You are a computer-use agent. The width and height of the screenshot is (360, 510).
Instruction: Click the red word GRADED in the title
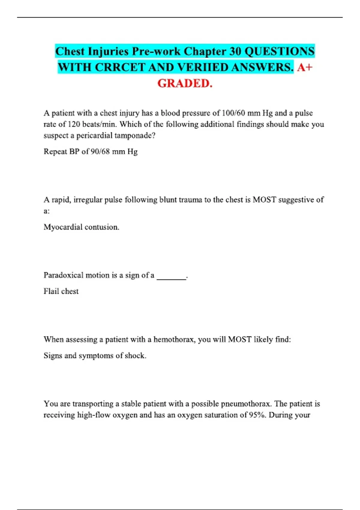point(184,83)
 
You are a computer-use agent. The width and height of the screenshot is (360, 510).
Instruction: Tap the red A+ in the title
point(305,67)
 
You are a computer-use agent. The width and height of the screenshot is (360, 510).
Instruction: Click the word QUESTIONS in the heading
point(280,51)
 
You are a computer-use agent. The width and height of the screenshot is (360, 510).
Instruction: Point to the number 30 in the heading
point(235,51)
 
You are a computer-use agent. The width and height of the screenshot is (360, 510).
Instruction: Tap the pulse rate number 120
point(74,124)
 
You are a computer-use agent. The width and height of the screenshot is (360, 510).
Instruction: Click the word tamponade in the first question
point(135,136)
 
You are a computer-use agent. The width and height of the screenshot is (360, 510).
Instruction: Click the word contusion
point(102,227)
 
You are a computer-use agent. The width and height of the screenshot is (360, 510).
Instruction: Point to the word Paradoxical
point(63,275)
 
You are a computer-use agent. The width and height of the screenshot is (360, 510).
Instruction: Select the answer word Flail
point(51,291)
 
